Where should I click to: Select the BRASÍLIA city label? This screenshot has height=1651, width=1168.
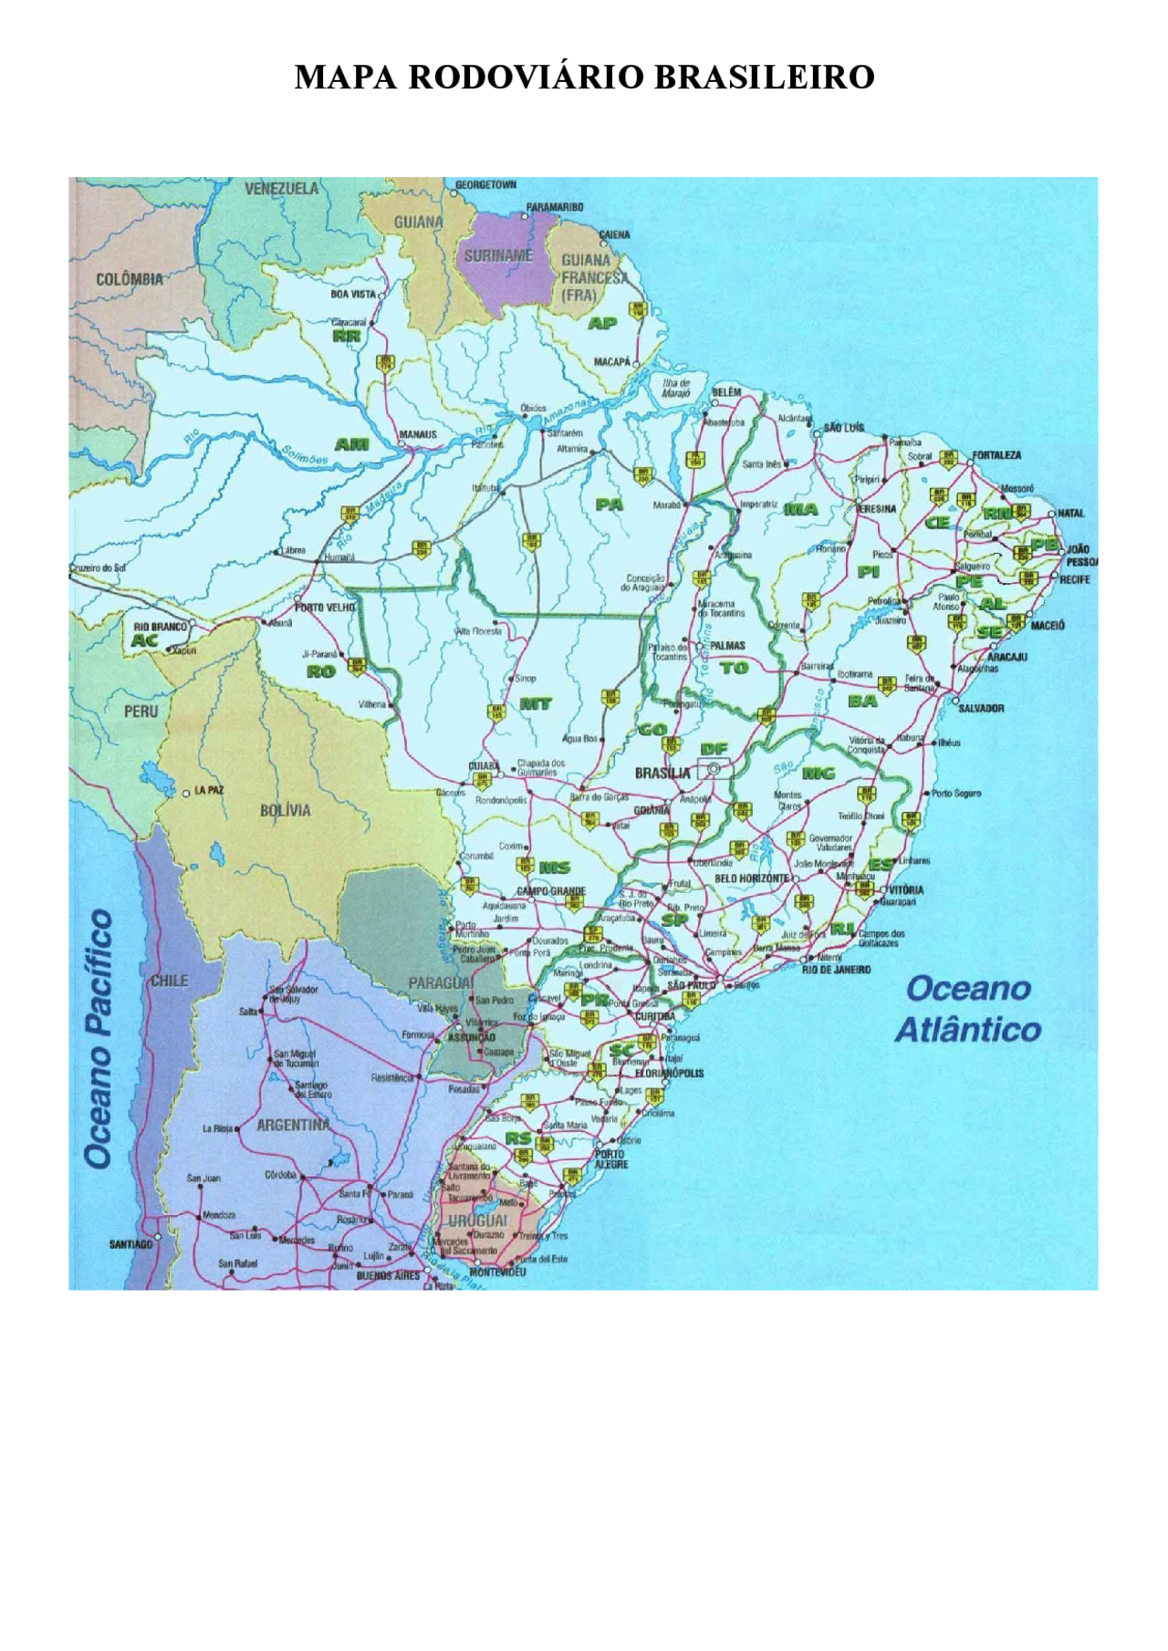coord(662,774)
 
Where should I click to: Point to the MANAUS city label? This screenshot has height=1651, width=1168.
coord(418,435)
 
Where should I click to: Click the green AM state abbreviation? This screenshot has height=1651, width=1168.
coord(352,444)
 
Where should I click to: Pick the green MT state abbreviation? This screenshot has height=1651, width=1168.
coord(536,703)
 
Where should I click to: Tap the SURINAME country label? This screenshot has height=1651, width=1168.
coord(498,256)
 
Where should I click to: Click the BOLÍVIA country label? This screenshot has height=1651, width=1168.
coord(285,810)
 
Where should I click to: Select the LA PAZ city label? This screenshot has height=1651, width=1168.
coord(209,790)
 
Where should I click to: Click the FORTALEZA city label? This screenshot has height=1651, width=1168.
coord(996,455)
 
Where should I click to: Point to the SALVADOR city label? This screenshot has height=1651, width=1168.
coord(981,708)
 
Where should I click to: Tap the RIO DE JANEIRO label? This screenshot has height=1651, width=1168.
coord(836,970)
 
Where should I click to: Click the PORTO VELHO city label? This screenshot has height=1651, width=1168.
coord(325,607)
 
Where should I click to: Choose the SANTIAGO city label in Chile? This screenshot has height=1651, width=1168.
coord(130,1244)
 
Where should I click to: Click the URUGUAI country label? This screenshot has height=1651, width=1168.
coord(477,1220)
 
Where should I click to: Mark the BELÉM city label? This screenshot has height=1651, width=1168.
coord(726,392)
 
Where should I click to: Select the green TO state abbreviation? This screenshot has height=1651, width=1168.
coord(734,668)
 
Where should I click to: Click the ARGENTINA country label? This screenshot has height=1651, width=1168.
coord(292,1126)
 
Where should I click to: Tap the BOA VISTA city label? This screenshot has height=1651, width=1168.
coord(353,295)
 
